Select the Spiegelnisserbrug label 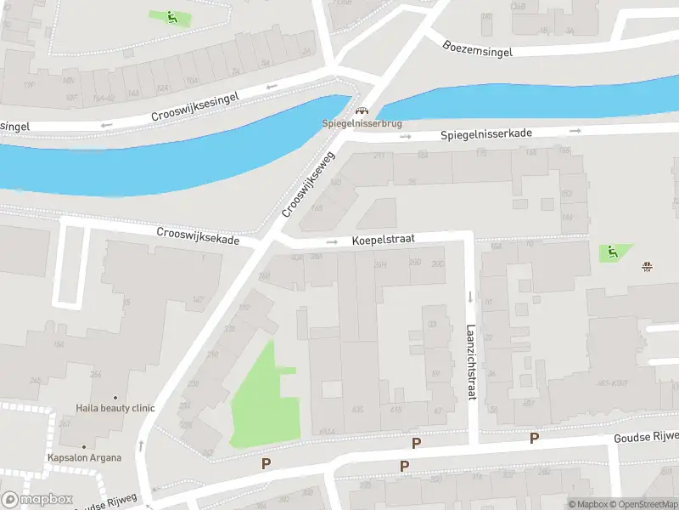[x=362, y=123]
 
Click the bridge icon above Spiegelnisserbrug [x=362, y=110]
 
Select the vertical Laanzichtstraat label [x=471, y=362]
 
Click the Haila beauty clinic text [x=115, y=408]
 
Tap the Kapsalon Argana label [x=84, y=457]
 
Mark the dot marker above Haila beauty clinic [x=115, y=398]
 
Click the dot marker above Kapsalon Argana [x=84, y=447]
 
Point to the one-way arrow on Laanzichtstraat [x=470, y=297]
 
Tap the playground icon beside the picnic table [x=611, y=252]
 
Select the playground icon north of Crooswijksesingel [x=171, y=17]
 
